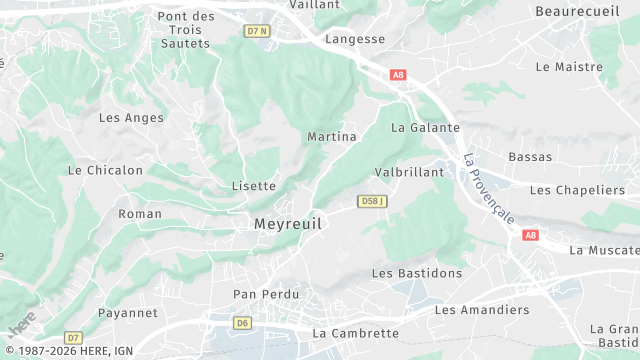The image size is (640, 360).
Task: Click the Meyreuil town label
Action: pyautogui.click(x=288, y=224)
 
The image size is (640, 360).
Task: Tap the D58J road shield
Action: pyautogui.click(x=372, y=202)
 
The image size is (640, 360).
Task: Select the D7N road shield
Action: pyautogui.click(x=257, y=31)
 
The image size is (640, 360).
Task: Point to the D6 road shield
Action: pyautogui.click(x=242, y=323)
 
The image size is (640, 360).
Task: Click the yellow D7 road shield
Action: pyautogui.click(x=73, y=337)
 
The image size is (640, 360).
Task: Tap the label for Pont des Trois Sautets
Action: pyautogui.click(x=186, y=29)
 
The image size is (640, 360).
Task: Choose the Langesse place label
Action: pyautogui.click(x=355, y=39)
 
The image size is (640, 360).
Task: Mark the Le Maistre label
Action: pyautogui.click(x=569, y=67)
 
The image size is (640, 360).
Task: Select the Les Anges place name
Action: pyautogui.click(x=131, y=117)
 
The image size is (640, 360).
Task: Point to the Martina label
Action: pyautogui.click(x=332, y=136)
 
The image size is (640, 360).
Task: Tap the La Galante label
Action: pyautogui.click(x=425, y=127)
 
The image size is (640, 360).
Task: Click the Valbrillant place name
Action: pyautogui.click(x=408, y=172)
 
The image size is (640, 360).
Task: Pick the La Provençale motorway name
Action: pyautogui.click(x=489, y=188)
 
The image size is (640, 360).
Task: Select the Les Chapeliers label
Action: pyautogui.click(x=577, y=190)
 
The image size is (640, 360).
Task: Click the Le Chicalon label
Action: pyautogui.click(x=105, y=170)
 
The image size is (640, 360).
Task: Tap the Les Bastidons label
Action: pyautogui.click(x=417, y=273)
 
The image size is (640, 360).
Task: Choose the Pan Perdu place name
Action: pyautogui.click(x=265, y=294)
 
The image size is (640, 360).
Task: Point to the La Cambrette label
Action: pyautogui.click(x=355, y=333)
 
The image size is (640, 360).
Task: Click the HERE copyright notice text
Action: pyautogui.click(x=68, y=351)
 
